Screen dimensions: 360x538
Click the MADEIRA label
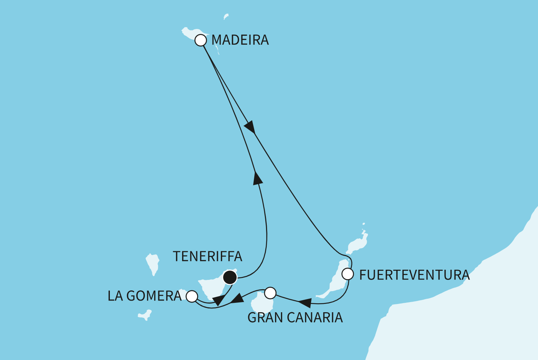(x=240, y=40)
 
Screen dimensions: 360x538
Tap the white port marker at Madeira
(x=201, y=40)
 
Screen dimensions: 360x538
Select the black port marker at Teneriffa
(x=230, y=278)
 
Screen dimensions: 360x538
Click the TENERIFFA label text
(x=207, y=257)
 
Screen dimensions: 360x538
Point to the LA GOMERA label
(x=144, y=296)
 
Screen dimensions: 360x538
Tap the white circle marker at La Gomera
(x=192, y=296)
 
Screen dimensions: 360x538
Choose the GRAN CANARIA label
(x=295, y=318)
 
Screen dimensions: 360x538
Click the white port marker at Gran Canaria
(x=271, y=292)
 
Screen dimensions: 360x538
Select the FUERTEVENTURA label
(x=414, y=275)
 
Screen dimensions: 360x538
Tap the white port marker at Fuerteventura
(x=348, y=274)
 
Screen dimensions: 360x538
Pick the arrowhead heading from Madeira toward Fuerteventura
(x=250, y=127)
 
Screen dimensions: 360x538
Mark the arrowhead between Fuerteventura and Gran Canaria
(x=305, y=302)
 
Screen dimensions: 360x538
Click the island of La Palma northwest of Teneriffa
(x=153, y=263)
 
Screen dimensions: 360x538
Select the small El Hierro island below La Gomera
(x=145, y=315)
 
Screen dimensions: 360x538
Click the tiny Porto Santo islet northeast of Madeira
(x=226, y=16)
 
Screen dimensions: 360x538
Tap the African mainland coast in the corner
(x=470, y=320)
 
